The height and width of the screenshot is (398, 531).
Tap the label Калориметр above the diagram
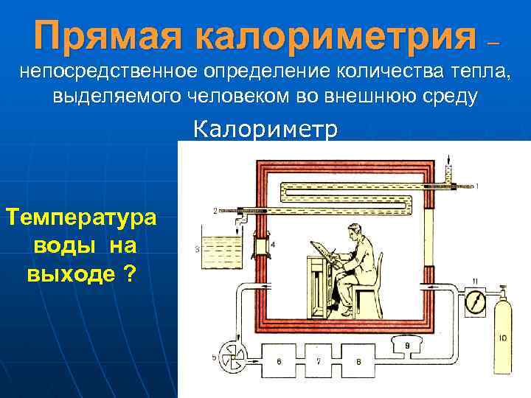click(266, 130)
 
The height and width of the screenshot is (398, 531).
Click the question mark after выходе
click(130, 274)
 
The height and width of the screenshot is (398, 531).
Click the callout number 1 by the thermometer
click(478, 185)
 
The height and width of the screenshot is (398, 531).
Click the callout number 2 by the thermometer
click(215, 211)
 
